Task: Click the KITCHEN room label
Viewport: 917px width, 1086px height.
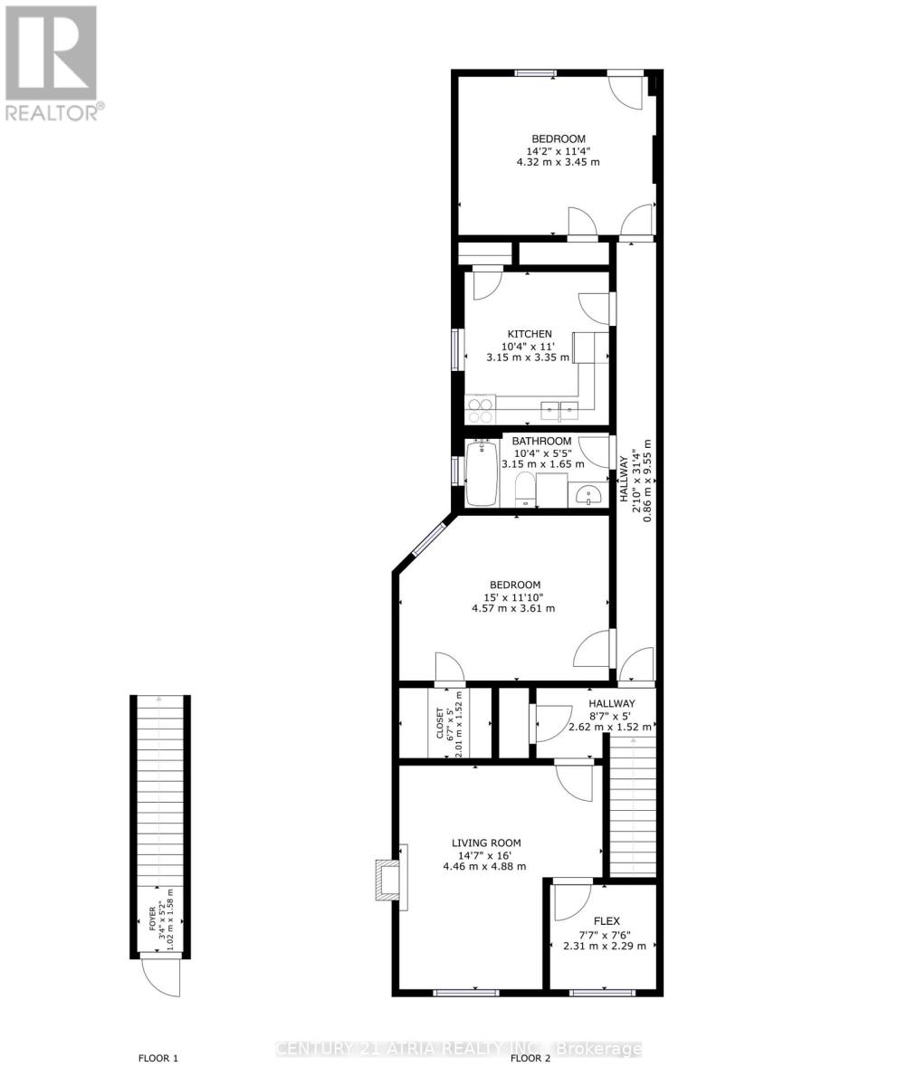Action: (x=529, y=334)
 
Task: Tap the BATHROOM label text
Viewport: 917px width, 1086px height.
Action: (x=541, y=442)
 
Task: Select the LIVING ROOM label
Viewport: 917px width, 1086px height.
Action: (x=486, y=843)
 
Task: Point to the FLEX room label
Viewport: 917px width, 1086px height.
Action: (x=606, y=921)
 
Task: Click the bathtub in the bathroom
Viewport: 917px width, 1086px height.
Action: (x=482, y=473)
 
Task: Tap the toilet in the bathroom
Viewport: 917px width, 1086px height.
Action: (x=524, y=491)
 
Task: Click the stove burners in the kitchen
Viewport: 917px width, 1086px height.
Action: (x=481, y=410)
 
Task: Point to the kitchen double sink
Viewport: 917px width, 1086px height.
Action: (x=559, y=411)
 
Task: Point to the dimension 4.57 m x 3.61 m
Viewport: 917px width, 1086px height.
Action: (x=513, y=608)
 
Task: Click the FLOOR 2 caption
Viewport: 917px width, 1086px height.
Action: (x=530, y=1058)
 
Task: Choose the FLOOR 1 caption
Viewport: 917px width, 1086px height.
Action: (x=158, y=1058)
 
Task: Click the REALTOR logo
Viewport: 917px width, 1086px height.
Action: (x=53, y=63)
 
